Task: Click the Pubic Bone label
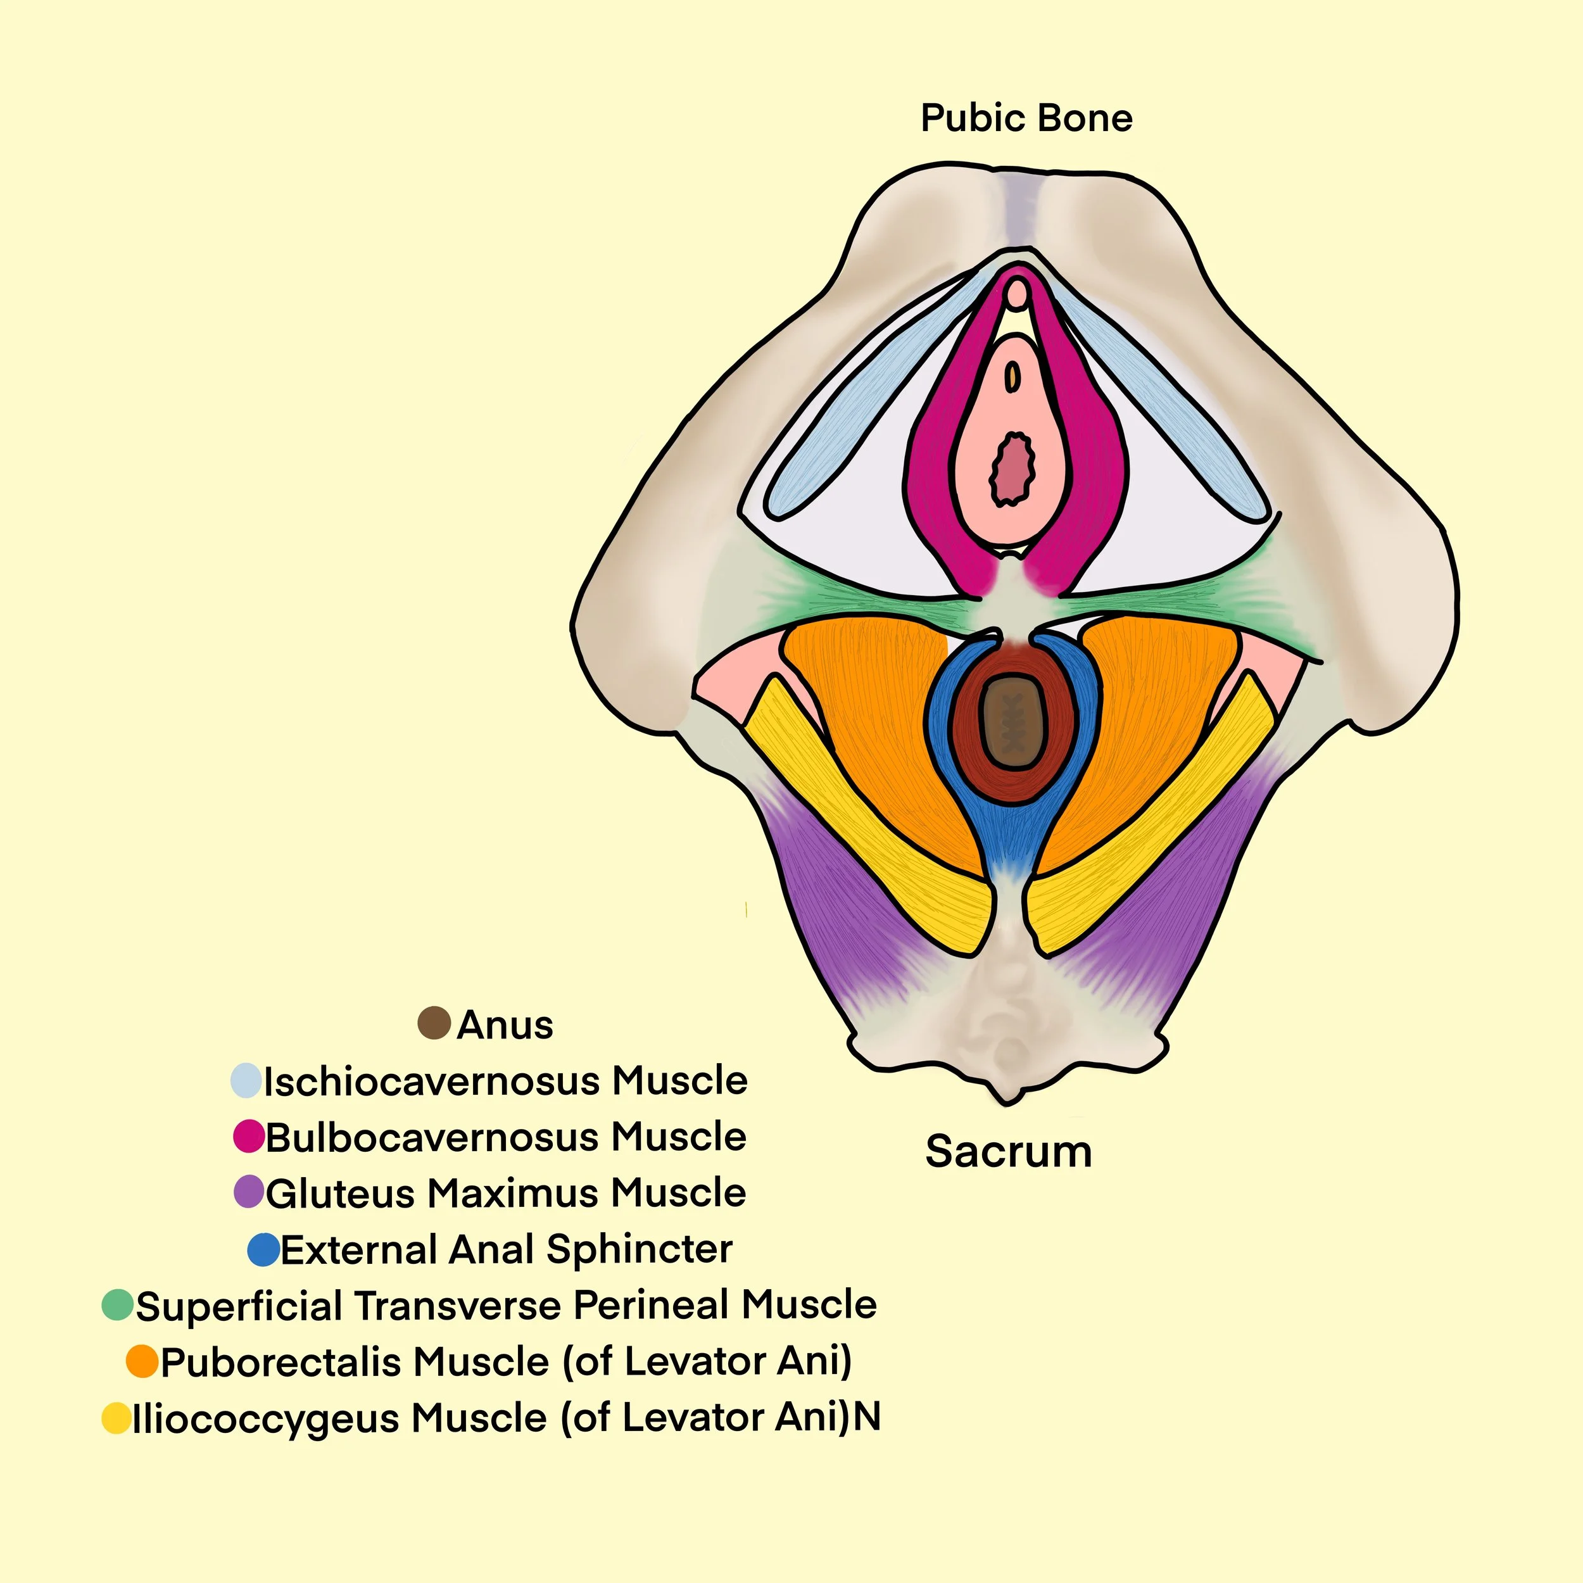pyautogui.click(x=1026, y=118)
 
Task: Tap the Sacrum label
pyautogui.click(x=1009, y=1151)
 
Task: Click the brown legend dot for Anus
pyautogui.click(x=434, y=1023)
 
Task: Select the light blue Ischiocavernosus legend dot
pyautogui.click(x=246, y=1081)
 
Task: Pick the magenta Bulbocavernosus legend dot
pyautogui.click(x=248, y=1137)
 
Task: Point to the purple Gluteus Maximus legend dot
pyautogui.click(x=248, y=1192)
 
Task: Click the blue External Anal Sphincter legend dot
pyautogui.click(x=263, y=1249)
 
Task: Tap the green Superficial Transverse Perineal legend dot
pyautogui.click(x=117, y=1305)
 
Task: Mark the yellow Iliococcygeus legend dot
pyautogui.click(x=117, y=1418)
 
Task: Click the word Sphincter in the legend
pyautogui.click(x=639, y=1249)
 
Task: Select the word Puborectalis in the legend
pyautogui.click(x=272, y=1362)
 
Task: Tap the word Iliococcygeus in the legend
pyautogui.click(x=265, y=1418)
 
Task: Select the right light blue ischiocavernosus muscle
pyautogui.click(x=1163, y=401)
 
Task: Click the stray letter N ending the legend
pyautogui.click(x=867, y=1416)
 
